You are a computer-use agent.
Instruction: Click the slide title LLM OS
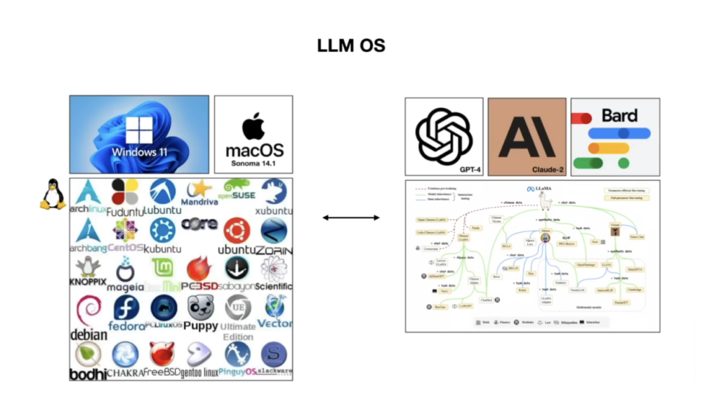351,46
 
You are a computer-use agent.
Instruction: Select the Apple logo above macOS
253,126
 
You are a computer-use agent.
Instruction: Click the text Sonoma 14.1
253,163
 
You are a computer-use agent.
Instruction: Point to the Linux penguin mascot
52,194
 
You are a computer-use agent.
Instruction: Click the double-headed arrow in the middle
351,218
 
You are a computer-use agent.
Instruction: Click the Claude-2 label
545,169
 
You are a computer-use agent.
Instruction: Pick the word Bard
619,115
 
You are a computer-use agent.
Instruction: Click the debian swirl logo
88,311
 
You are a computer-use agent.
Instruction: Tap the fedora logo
126,309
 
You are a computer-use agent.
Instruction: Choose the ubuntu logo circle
237,230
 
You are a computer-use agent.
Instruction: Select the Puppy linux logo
201,307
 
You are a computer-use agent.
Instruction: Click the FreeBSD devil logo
163,354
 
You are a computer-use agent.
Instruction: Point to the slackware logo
273,354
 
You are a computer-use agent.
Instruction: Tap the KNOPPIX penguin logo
88,267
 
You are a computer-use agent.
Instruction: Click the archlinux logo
88,192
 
